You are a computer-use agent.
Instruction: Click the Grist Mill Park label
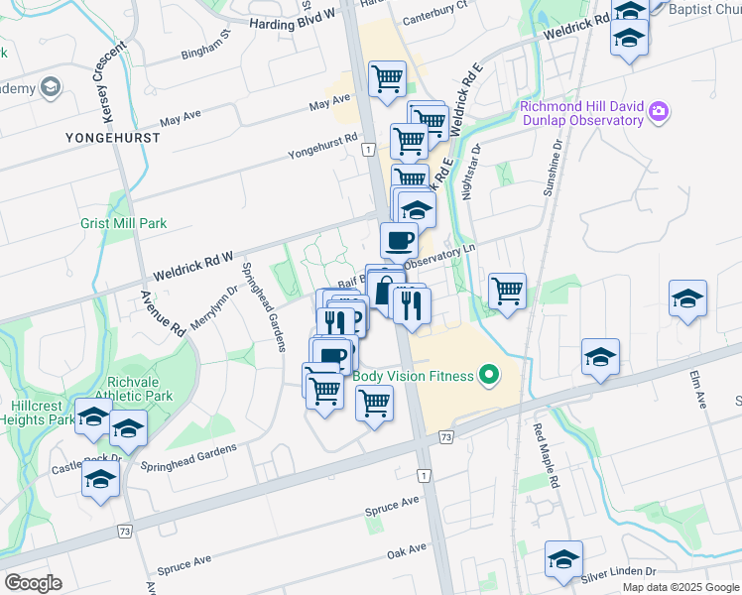coord(123,224)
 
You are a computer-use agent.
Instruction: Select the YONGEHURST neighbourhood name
coord(112,136)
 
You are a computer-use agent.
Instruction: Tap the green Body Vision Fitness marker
coord(487,375)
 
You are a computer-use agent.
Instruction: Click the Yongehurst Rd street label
coord(322,146)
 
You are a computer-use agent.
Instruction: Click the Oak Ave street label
coord(406,547)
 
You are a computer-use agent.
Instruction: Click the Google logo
coord(33,582)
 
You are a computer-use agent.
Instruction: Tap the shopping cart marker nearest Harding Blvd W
coord(386,78)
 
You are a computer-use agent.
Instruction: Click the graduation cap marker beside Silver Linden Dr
coord(563,559)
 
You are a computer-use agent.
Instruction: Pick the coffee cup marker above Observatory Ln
coord(399,239)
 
